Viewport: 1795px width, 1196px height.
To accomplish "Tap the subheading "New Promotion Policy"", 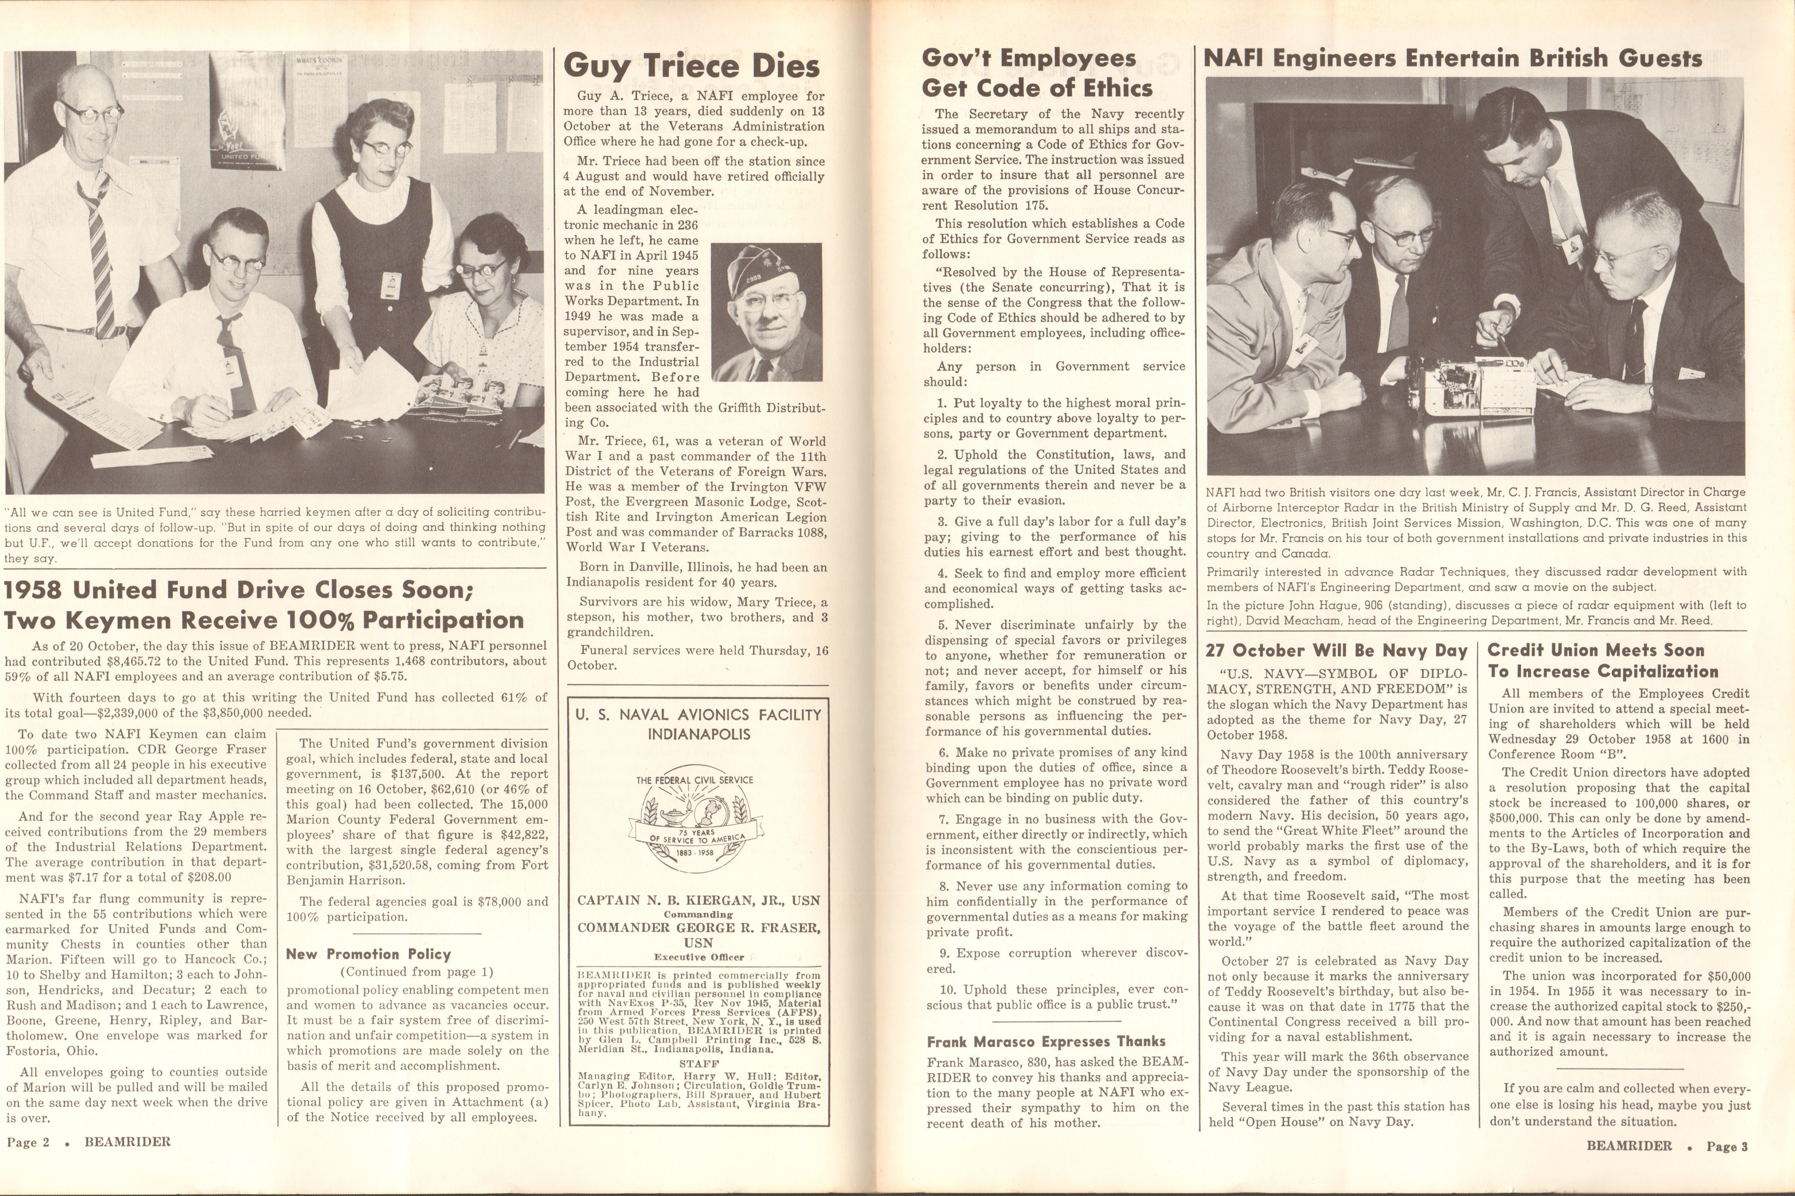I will [368, 953].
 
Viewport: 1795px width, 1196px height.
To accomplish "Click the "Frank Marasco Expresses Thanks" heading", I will [1046, 1041].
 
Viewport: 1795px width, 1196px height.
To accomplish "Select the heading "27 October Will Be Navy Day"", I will [1336, 651].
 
